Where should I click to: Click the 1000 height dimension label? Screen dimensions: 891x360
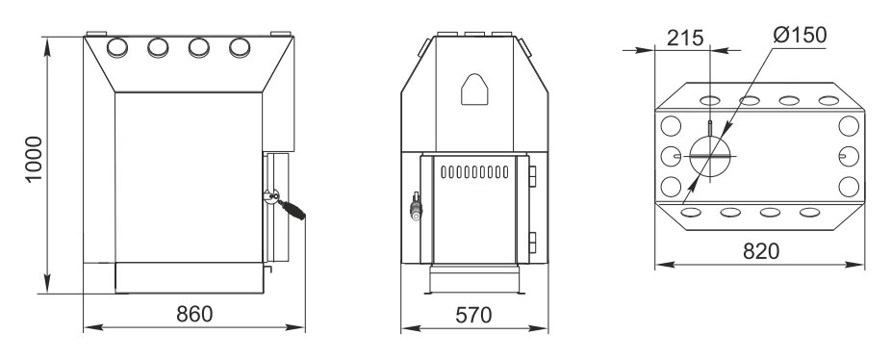[x=34, y=159]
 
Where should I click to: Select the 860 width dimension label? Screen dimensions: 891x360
[x=194, y=314]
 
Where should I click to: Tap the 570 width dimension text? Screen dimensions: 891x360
[x=473, y=315]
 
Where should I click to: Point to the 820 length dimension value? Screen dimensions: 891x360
[x=761, y=251]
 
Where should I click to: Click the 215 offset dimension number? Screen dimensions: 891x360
[x=685, y=39]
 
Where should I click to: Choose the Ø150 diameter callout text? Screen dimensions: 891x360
[x=800, y=36]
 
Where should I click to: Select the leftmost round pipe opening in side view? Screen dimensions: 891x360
[x=117, y=48]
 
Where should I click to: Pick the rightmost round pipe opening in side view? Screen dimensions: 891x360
[x=240, y=48]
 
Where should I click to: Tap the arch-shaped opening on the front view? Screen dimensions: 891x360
[x=474, y=90]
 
